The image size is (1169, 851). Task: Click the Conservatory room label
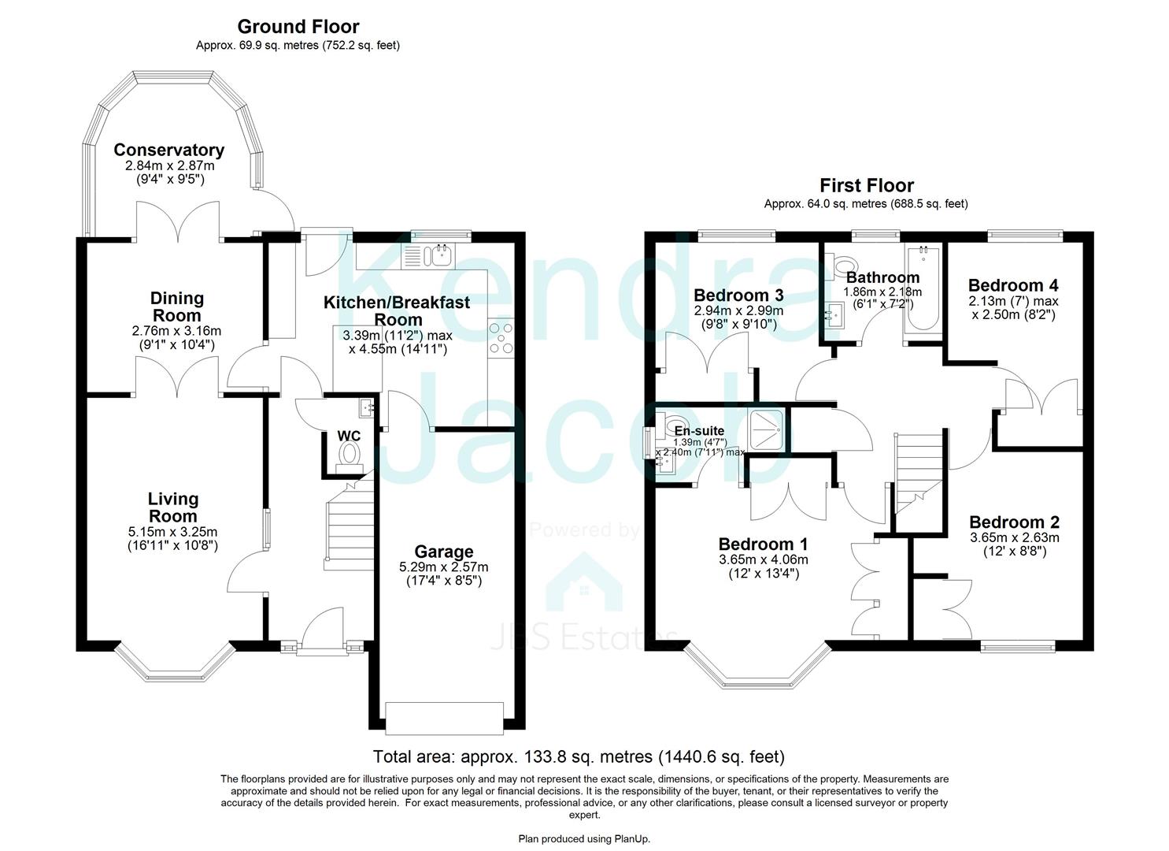(169, 150)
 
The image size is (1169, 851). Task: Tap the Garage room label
(444, 551)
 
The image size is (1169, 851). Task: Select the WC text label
(349, 436)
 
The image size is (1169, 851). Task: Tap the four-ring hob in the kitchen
(501, 337)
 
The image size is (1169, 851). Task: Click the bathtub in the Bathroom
(923, 289)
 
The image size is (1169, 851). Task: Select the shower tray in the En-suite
(766, 429)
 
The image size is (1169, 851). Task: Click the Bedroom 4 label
(1013, 285)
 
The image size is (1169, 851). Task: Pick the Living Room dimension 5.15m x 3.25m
(172, 532)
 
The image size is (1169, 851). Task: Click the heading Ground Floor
(298, 26)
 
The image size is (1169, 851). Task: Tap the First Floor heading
(866, 185)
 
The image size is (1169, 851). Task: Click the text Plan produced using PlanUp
(584, 839)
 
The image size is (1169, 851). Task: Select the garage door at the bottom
(444, 719)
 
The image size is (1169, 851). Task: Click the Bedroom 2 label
(1014, 522)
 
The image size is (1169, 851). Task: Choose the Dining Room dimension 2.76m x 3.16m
(176, 331)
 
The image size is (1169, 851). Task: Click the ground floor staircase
(350, 520)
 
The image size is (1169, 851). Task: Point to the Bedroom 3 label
(738, 295)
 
